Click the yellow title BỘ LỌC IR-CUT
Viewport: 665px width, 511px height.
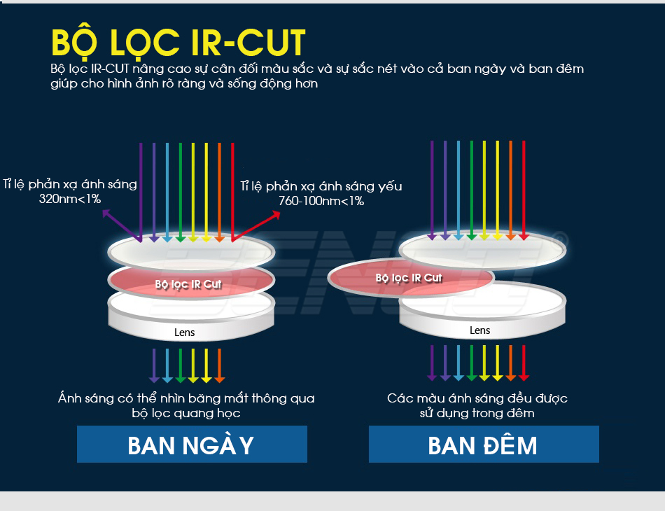178,43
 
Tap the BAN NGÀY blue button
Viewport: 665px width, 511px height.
192,444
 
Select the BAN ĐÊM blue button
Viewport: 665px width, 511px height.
484,444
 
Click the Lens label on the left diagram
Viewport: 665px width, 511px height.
185,332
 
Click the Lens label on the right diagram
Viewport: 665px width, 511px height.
479,330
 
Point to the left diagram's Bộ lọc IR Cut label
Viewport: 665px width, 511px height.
188,284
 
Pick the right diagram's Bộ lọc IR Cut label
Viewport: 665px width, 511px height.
408,278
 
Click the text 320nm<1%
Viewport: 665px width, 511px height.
70,199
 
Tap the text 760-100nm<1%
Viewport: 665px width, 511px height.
321,201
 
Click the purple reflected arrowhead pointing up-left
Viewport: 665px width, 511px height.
106,213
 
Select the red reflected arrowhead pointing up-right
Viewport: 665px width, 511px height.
276,215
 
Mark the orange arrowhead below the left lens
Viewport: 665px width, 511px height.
219,379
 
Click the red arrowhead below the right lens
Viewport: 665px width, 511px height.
524,377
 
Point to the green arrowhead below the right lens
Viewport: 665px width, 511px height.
471,377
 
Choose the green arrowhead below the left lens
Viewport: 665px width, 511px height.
180,379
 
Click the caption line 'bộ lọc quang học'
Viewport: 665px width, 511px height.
186,414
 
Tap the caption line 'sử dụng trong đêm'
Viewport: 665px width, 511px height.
477,414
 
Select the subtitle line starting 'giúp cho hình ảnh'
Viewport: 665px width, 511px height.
184,83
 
